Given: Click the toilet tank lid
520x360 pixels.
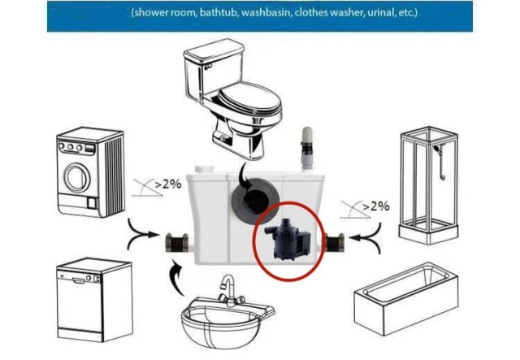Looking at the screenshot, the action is (214, 50).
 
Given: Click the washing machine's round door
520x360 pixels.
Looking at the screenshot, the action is (77, 177).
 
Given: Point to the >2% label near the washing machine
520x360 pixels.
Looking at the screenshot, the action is (168, 184).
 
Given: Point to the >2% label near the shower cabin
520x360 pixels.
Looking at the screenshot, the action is (375, 206).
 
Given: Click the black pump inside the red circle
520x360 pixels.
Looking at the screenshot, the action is (288, 237).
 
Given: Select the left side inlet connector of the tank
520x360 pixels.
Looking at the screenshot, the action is (177, 242).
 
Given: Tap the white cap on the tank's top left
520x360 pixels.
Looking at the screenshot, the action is (204, 169).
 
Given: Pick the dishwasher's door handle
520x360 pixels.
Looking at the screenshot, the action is (79, 281).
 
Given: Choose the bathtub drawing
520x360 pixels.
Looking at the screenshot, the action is (406, 298).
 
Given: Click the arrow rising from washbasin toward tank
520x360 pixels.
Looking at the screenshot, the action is (175, 278).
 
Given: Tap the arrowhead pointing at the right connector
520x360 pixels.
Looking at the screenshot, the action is (353, 237).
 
